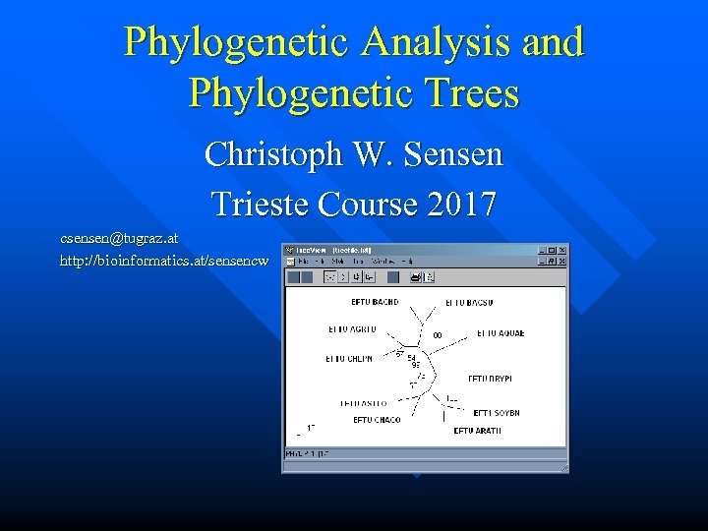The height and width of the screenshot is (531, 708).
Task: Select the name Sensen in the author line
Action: (x=451, y=154)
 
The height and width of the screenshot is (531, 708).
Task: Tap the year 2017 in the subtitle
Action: (x=462, y=205)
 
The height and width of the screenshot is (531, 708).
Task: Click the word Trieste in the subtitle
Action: (x=259, y=205)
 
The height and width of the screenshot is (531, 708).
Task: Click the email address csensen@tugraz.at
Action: (x=119, y=238)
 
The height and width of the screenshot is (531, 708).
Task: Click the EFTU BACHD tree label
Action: (x=375, y=302)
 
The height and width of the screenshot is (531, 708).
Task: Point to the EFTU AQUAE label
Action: (x=501, y=333)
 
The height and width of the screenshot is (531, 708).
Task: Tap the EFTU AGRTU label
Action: (x=352, y=328)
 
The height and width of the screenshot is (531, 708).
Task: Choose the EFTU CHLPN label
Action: (x=349, y=359)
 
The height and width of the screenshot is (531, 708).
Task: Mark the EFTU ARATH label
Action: (x=477, y=431)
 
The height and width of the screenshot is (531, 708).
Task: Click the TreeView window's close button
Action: (x=561, y=251)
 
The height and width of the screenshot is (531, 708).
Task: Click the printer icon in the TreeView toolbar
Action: (x=416, y=277)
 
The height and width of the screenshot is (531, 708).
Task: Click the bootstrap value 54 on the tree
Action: (x=412, y=358)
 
